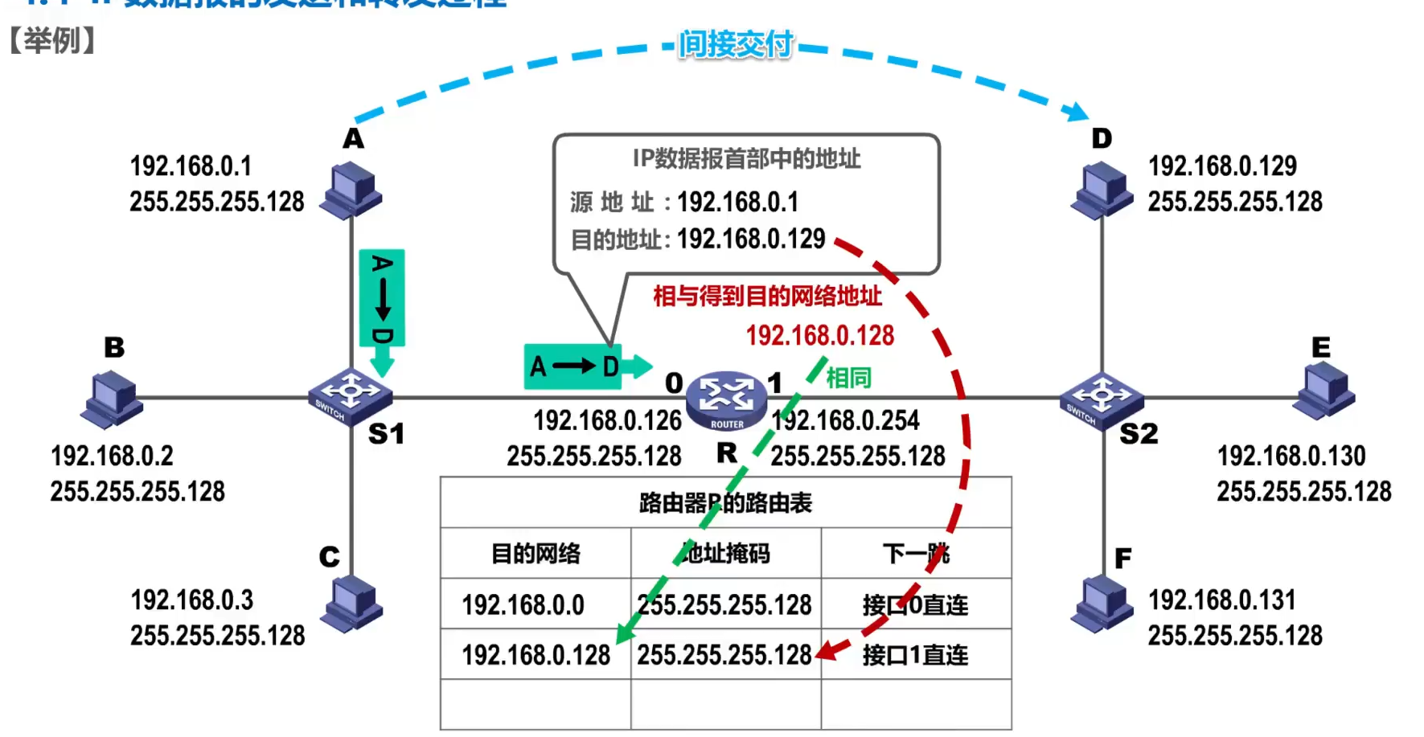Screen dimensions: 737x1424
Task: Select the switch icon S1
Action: coord(350,395)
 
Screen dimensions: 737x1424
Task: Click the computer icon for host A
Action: coord(351,190)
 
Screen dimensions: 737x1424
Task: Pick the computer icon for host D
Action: coord(1102,190)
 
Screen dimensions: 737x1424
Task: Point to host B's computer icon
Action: coord(112,399)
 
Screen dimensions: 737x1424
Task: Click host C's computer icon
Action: coord(351,604)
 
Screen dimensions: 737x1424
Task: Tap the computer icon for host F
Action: coord(1102,604)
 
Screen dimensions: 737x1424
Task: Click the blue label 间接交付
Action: coord(736,44)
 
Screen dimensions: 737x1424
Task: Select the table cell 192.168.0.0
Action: coord(523,604)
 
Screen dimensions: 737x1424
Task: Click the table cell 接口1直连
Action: coord(915,655)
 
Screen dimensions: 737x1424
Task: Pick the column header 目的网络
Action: coord(536,554)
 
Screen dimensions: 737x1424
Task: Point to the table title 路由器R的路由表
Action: coord(725,503)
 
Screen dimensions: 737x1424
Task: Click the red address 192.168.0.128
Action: coord(819,335)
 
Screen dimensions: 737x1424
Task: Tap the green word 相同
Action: coord(848,377)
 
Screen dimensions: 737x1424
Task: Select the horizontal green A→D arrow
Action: coord(587,366)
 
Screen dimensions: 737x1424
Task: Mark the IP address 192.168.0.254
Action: coord(845,420)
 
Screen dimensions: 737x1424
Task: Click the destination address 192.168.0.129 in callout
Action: coord(751,239)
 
